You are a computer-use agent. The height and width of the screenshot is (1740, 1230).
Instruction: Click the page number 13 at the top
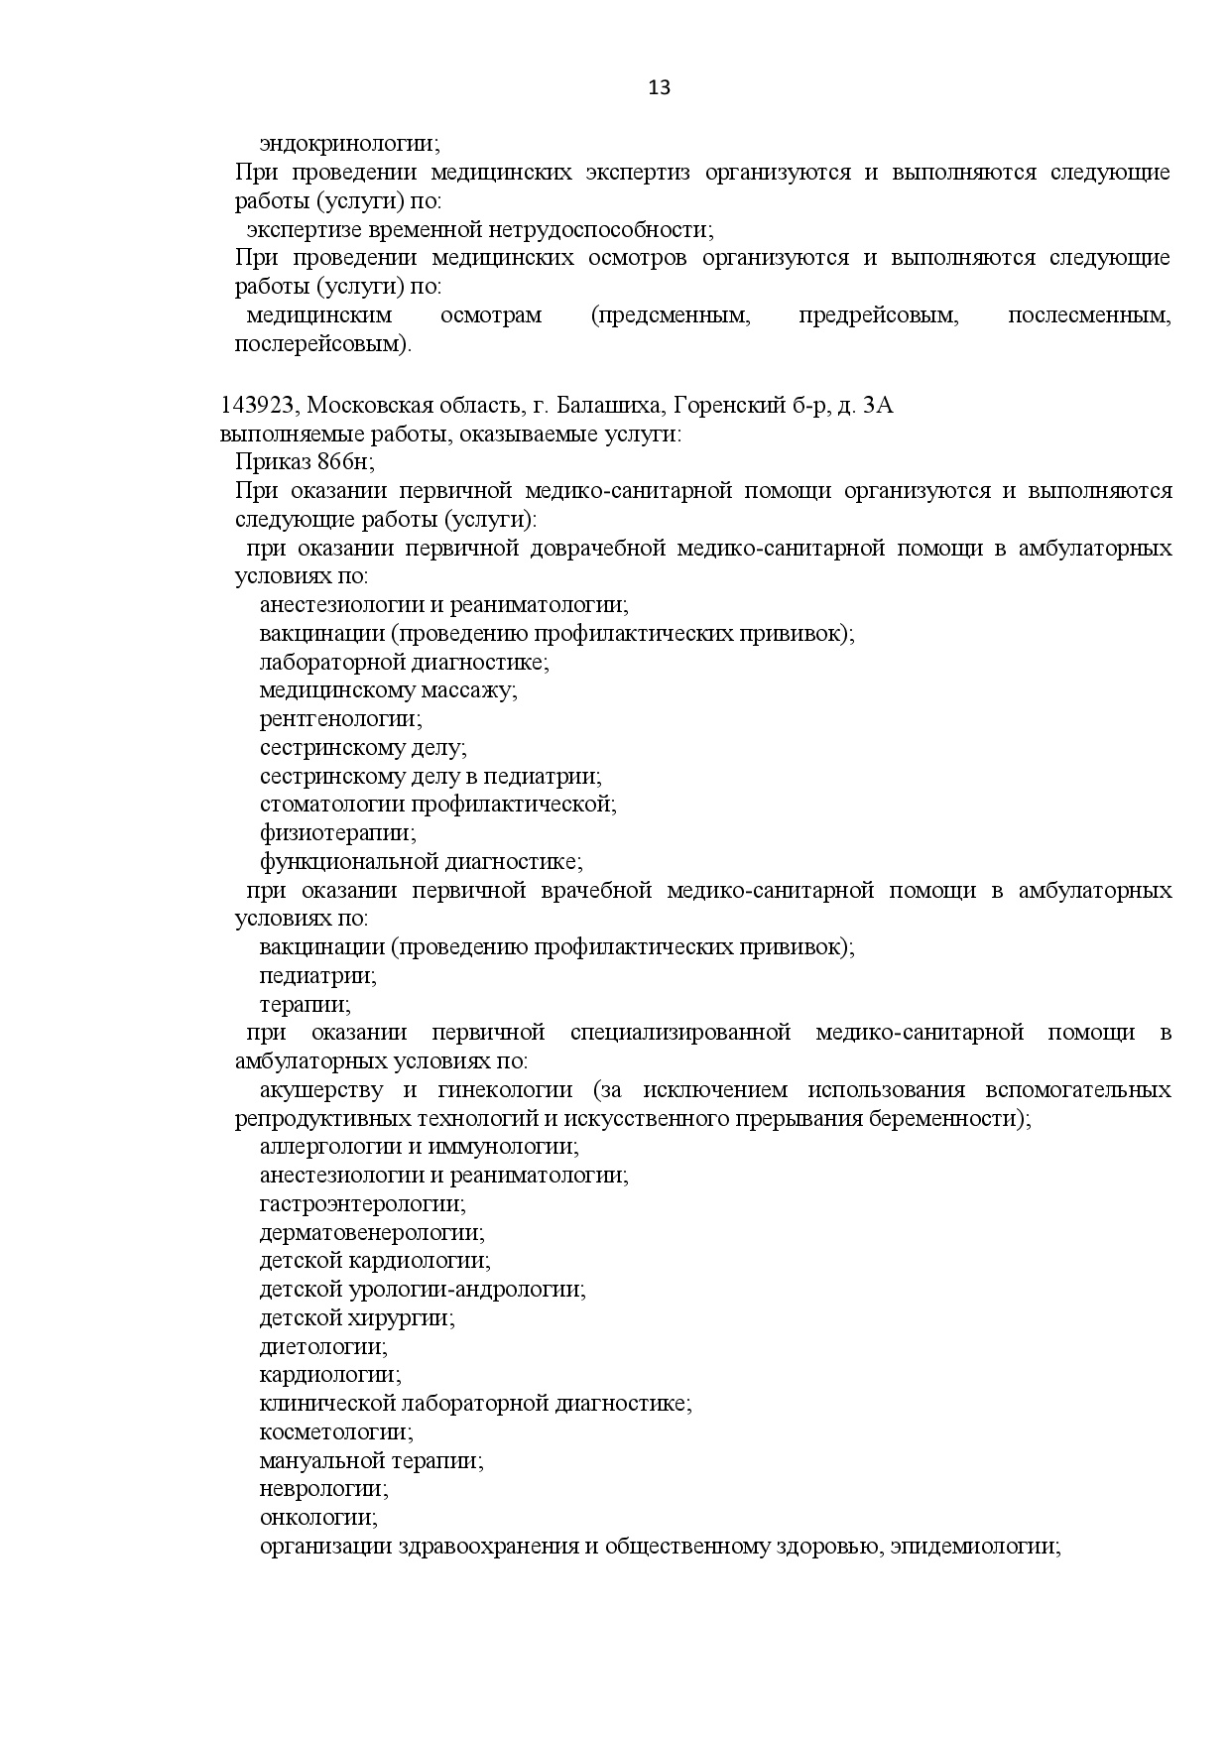point(659,88)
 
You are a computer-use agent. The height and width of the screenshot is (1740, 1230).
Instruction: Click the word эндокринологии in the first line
point(349,144)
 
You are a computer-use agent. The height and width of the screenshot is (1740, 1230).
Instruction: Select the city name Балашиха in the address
point(609,405)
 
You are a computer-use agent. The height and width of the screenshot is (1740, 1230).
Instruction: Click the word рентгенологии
point(340,719)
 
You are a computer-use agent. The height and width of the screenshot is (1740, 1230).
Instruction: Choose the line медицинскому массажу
point(388,690)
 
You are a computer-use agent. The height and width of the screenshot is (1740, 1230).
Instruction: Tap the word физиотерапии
point(337,833)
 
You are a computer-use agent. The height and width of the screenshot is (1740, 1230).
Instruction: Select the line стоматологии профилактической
point(437,805)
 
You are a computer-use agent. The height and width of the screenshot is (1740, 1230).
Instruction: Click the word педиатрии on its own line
point(317,976)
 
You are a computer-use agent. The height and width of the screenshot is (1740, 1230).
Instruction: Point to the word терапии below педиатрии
point(305,1005)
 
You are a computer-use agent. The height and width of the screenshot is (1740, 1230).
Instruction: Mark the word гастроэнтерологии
point(362,1204)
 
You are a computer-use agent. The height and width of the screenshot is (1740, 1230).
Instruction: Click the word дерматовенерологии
point(372,1233)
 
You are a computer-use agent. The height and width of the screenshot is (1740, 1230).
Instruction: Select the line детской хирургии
point(356,1318)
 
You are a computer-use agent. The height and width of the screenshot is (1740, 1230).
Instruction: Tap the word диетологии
point(323,1347)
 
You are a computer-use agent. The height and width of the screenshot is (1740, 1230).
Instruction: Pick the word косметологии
point(336,1432)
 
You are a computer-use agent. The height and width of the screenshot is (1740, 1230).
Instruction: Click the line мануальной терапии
point(371,1461)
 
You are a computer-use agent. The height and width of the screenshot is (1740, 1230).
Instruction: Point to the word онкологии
point(318,1518)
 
